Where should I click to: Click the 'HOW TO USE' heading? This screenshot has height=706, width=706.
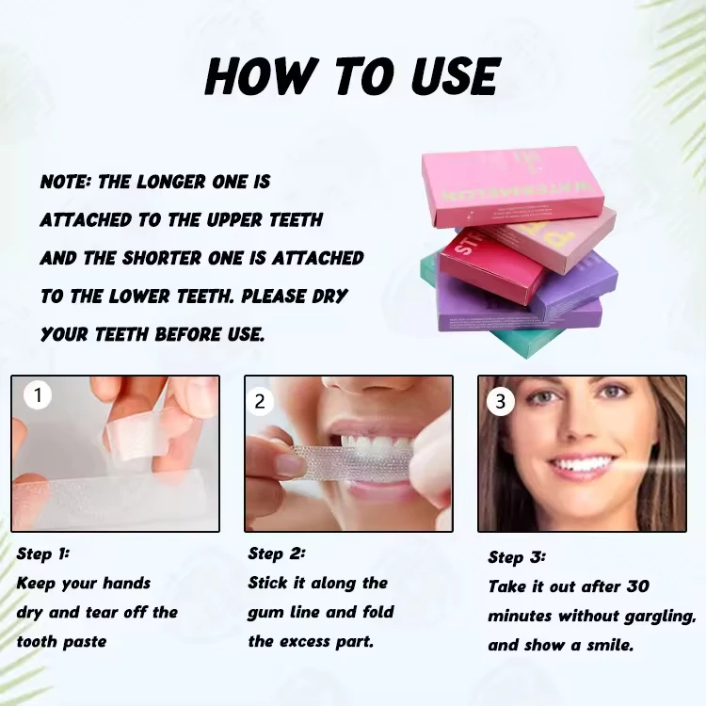tap(352, 75)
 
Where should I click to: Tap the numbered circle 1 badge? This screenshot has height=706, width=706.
tap(38, 395)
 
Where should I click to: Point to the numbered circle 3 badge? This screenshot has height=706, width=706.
tap(500, 402)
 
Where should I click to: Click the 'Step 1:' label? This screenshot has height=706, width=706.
tap(42, 554)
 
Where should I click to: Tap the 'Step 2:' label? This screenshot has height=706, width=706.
tap(276, 554)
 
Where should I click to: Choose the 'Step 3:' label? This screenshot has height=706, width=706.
tap(517, 557)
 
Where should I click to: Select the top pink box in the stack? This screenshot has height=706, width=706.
tap(512, 185)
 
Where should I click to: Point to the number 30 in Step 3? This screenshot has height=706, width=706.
tap(637, 586)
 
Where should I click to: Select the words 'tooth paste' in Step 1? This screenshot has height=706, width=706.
tap(61, 642)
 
